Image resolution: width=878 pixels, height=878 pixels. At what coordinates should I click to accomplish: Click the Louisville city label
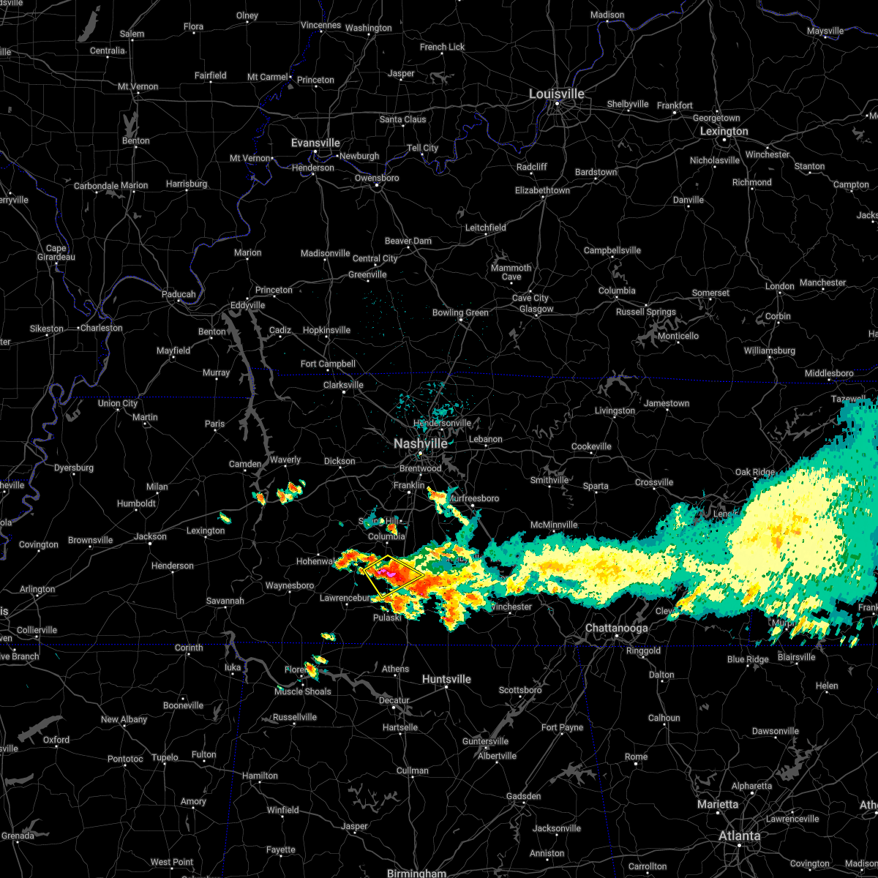coord(557,94)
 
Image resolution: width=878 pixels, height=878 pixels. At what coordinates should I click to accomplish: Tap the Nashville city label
coord(421,444)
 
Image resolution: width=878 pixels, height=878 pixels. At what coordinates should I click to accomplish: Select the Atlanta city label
coord(739,836)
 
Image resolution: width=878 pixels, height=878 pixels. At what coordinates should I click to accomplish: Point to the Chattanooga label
coord(616,629)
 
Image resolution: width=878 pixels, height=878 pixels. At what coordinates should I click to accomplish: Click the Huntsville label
coord(446,680)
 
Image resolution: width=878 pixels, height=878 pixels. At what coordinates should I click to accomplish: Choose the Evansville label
coord(315,143)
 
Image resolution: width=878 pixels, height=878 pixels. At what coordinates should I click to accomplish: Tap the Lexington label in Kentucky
coord(724,132)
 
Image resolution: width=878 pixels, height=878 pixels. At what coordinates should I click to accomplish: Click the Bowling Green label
coord(460,313)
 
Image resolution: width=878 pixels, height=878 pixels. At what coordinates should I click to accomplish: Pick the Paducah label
coord(179,295)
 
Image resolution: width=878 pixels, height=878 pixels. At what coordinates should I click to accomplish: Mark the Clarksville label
coord(343,386)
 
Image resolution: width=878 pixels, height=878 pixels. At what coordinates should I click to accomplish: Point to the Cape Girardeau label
coord(56,252)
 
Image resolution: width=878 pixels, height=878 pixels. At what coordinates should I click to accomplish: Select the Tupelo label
coord(165,757)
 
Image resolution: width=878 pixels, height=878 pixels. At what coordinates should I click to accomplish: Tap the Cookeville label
coord(591,447)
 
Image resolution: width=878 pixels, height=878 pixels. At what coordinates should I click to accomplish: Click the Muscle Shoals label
coord(303,692)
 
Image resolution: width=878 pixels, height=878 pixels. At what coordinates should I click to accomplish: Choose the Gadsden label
coord(524,797)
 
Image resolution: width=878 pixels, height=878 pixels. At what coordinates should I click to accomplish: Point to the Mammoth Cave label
coord(511,272)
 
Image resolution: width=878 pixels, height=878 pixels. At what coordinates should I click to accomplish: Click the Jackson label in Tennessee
coord(150,537)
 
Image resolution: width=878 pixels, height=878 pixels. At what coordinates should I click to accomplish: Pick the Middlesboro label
coord(829,374)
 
